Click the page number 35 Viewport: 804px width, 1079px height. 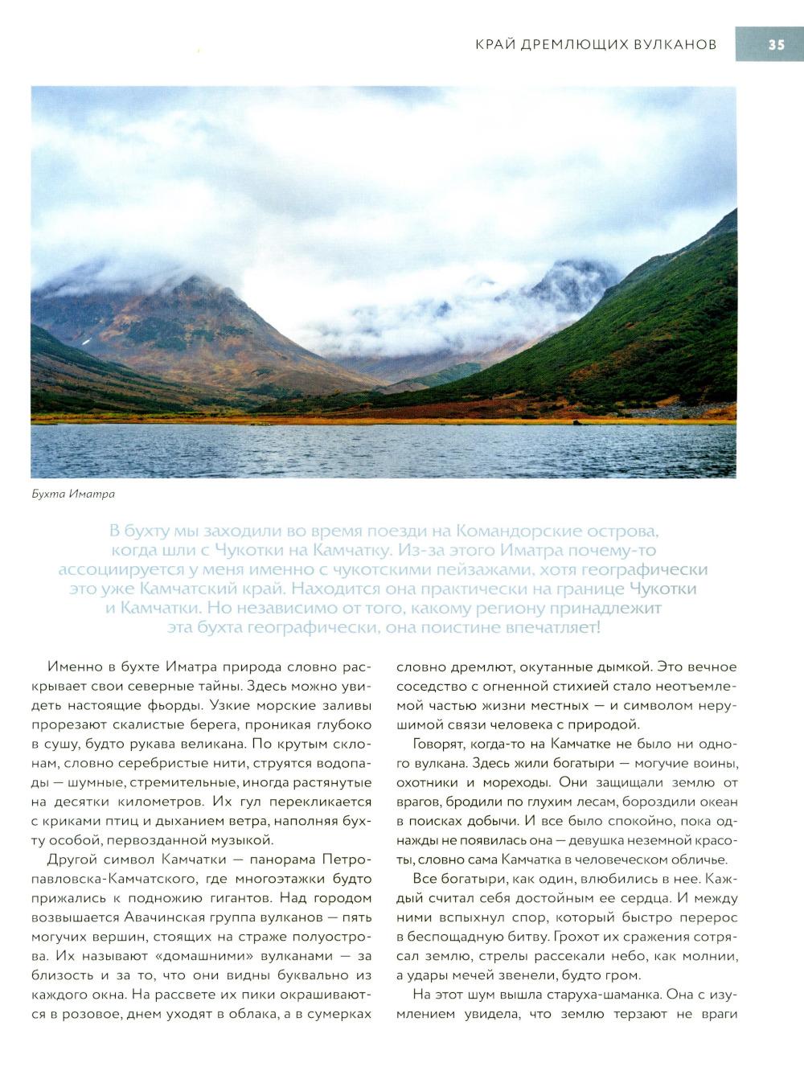pos(775,45)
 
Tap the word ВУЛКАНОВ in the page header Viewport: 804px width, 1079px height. pos(673,45)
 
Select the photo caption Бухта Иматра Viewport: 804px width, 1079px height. pos(73,494)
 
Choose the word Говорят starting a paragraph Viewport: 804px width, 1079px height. pos(441,744)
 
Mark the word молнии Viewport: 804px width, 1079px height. pos(711,956)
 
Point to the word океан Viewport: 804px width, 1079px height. pos(715,802)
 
